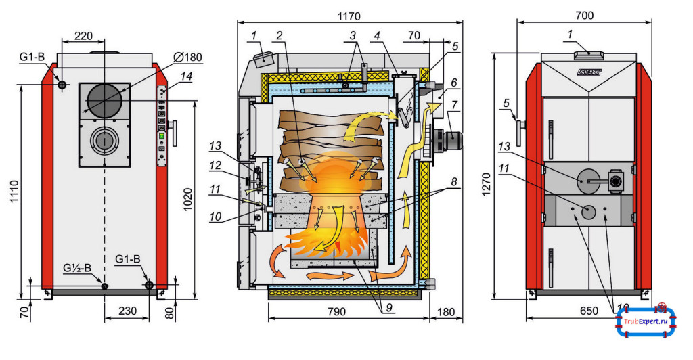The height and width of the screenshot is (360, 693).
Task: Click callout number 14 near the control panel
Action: click(186, 76)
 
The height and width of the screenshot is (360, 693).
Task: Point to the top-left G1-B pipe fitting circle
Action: click(62, 85)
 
